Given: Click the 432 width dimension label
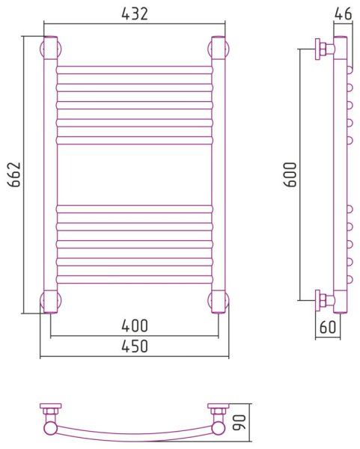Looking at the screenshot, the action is tap(135, 13).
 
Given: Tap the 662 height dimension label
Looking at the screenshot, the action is tap(14, 174).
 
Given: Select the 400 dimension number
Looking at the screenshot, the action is tap(135, 326).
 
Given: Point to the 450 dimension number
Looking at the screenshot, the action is tap(135, 346).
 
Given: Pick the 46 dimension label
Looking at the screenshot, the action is tap(343, 13).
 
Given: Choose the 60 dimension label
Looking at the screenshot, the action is tap(327, 327).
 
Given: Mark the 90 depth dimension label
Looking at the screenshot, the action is tap(240, 422).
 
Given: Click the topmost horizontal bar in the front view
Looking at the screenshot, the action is tap(135, 70).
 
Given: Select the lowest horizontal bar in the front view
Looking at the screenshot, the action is tap(135, 279).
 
